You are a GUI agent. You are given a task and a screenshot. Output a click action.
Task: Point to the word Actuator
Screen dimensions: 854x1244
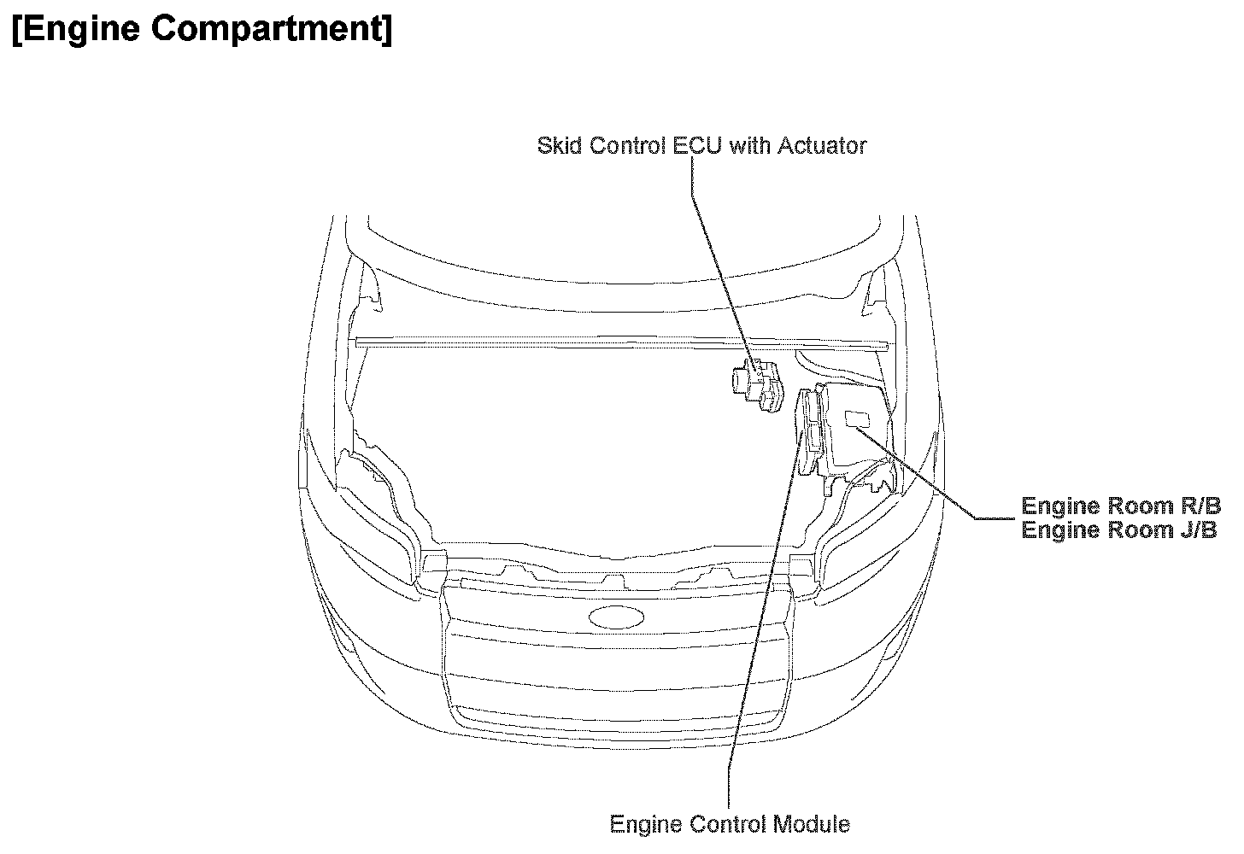tap(822, 145)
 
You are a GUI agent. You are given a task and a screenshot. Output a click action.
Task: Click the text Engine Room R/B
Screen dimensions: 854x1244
tap(1121, 506)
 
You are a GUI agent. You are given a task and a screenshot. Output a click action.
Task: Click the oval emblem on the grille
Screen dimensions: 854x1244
tap(617, 617)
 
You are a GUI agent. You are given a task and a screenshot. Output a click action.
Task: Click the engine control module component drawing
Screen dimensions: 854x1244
tap(812, 427)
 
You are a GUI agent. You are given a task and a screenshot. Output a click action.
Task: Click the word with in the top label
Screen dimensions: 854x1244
tap(751, 145)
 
